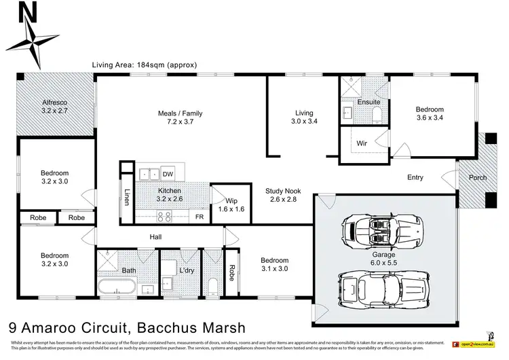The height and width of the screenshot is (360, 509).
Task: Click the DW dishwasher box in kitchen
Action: point(167,174)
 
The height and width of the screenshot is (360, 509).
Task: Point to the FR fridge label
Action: point(200,217)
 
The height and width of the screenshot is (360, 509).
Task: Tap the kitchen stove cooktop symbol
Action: point(164,217)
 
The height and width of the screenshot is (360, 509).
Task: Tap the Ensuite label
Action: point(369,102)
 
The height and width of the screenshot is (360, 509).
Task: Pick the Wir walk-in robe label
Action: point(363,143)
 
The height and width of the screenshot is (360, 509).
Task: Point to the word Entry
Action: point(415,178)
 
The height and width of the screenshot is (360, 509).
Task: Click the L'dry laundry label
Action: point(187,271)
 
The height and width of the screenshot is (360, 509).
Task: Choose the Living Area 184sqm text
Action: point(144,65)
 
